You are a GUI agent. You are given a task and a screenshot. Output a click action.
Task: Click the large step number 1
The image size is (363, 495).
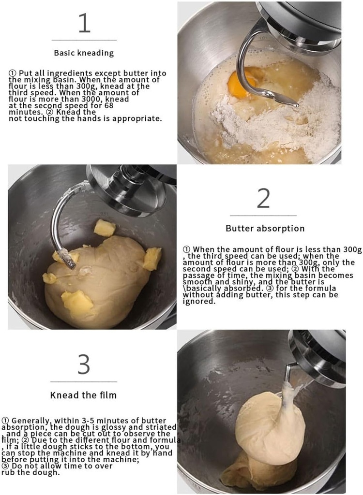(x=84, y=22)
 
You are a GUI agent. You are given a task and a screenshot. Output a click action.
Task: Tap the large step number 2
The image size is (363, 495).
(x=263, y=198)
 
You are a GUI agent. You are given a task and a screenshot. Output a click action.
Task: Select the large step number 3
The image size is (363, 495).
(x=84, y=364)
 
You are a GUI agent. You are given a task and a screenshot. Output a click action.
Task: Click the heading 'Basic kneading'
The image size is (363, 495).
(x=84, y=53)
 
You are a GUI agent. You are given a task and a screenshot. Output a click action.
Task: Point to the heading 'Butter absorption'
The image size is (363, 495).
(x=265, y=228)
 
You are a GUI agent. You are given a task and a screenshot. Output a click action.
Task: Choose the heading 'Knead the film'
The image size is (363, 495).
(x=83, y=395)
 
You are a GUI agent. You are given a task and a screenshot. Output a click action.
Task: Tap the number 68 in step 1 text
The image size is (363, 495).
(x=109, y=105)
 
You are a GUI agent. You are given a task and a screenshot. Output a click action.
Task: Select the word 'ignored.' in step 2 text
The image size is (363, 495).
(x=199, y=301)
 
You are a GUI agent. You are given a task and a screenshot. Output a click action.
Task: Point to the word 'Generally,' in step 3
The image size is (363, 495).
(x=30, y=421)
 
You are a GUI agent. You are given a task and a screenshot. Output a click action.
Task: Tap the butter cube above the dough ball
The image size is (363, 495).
(x=105, y=228)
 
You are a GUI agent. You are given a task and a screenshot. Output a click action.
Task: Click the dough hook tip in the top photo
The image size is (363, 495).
(x=295, y=104)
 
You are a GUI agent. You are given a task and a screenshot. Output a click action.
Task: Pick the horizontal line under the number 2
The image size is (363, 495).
(x=263, y=216)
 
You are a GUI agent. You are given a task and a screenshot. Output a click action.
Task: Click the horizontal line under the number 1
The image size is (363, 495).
(x=84, y=40)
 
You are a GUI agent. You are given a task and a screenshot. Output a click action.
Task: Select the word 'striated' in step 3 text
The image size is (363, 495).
(x=161, y=427)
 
